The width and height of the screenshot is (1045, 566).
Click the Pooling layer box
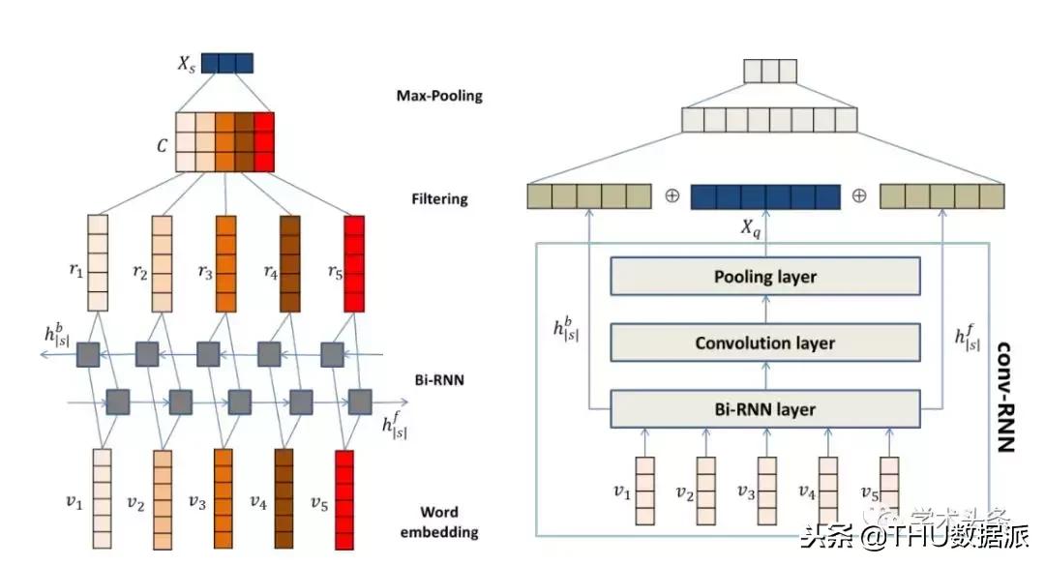[x=764, y=278]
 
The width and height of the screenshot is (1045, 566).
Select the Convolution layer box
[x=764, y=343]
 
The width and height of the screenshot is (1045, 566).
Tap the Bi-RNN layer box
[x=764, y=408]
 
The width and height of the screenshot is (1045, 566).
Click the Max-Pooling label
[x=439, y=96]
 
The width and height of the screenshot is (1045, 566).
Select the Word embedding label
[x=439, y=521]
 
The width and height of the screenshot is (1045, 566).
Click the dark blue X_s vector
[x=227, y=64]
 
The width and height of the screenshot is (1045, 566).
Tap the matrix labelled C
[x=225, y=142]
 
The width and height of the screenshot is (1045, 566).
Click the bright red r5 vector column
[x=355, y=262]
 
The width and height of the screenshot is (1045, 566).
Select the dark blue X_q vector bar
[x=765, y=197]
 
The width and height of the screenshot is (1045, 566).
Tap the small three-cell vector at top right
[x=769, y=72]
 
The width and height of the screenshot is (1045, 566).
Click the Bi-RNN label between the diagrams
[x=437, y=380]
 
